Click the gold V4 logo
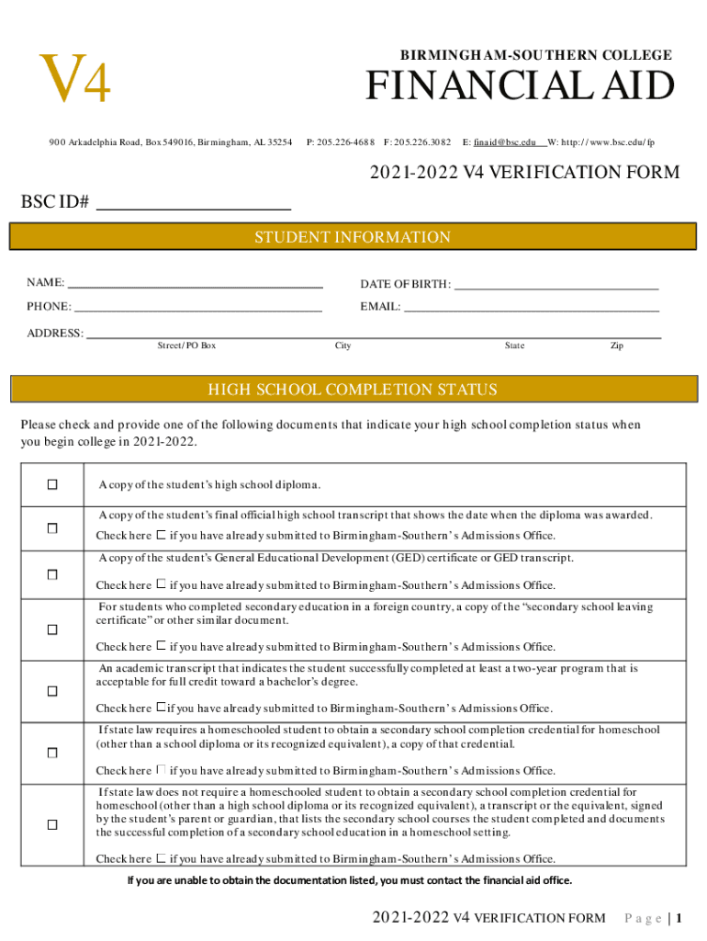(74, 80)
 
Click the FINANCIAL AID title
(520, 87)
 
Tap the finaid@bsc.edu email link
(505, 142)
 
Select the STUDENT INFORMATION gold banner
(353, 237)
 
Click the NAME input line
(196, 284)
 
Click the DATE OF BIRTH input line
(556, 285)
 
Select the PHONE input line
(197, 308)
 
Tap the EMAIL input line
(532, 308)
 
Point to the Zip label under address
(617, 346)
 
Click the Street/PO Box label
(186, 346)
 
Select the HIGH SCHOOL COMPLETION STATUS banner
(353, 390)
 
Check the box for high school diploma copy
(52, 484)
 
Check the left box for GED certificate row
(52, 574)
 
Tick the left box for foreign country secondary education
(52, 629)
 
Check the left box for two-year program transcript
(52, 691)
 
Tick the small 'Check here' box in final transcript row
(161, 535)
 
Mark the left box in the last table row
(52, 824)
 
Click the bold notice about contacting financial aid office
(349, 880)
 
